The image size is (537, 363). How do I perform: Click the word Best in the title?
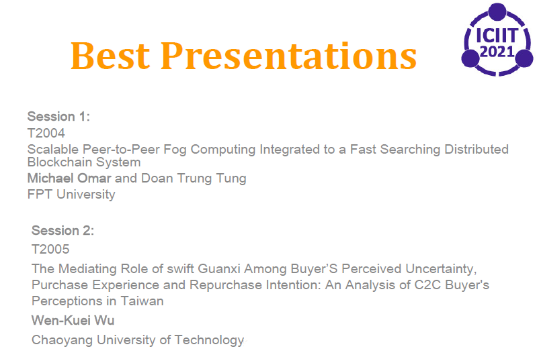pyautogui.click(x=110, y=56)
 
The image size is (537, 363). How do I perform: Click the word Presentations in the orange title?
pyautogui.click(x=289, y=56)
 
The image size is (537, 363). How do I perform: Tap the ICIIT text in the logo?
pyautogui.click(x=497, y=36)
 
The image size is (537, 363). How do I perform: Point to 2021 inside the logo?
pyautogui.click(x=497, y=52)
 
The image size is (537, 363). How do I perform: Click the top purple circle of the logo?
pyautogui.click(x=497, y=11)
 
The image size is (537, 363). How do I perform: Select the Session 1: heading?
pyautogui.click(x=58, y=117)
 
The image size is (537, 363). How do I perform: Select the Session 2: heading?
pyautogui.click(x=63, y=231)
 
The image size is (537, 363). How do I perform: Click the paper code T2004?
pyautogui.click(x=46, y=133)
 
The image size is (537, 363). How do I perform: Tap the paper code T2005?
pyautogui.click(x=50, y=249)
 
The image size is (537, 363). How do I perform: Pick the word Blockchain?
pyautogui.click(x=59, y=162)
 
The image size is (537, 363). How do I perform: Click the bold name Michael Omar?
pyautogui.click(x=69, y=178)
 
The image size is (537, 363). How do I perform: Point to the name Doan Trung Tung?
pyautogui.click(x=194, y=178)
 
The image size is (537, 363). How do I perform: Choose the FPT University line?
pyautogui.click(x=71, y=195)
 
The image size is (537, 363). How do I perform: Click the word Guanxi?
pyautogui.click(x=219, y=268)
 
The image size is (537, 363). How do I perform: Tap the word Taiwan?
pyautogui.click(x=142, y=301)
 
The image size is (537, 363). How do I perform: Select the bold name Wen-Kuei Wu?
pyautogui.click(x=73, y=321)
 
